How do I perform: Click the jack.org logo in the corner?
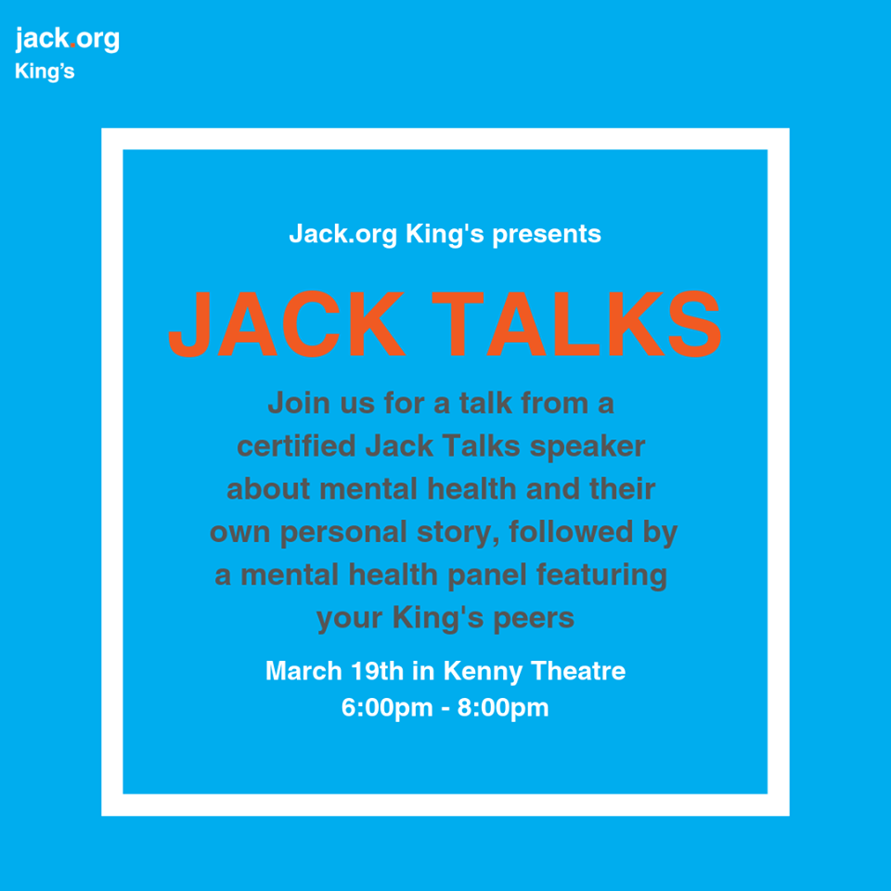pos(67,39)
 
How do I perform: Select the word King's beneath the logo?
pos(45,71)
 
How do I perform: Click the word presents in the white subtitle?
pos(546,235)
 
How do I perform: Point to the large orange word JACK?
pos(287,324)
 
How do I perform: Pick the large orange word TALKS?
pos(576,324)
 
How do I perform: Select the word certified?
pos(296,445)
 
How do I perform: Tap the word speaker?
pos(587,447)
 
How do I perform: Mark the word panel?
pos(487,575)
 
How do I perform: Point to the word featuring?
pos(601,575)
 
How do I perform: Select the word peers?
pos(534,619)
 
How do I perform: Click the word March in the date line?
pos(303,671)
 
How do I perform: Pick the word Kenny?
pos(483,672)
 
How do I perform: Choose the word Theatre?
pos(578,671)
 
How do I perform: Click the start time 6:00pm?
pos(387,709)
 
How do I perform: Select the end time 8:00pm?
pos(503,709)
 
